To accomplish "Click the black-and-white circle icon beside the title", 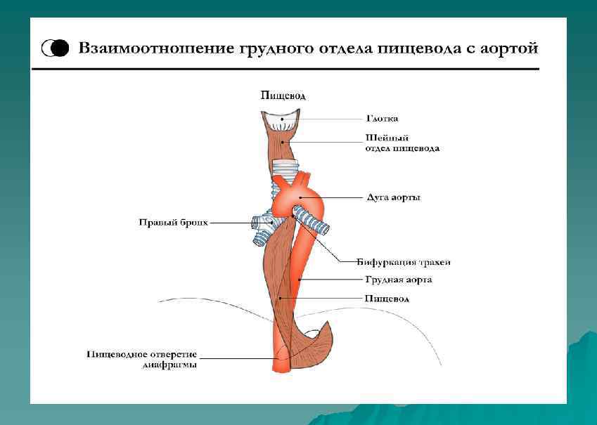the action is tap(56, 48).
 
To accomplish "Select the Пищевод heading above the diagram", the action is tap(283, 96).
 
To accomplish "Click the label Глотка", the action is tap(383, 119).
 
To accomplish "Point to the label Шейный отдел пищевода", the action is tap(402, 143).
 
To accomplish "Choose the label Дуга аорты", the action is tap(394, 197).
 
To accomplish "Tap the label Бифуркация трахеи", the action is tap(403, 262).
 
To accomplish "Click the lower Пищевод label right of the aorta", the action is tap(387, 299).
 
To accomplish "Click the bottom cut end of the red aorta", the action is tap(281, 367).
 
